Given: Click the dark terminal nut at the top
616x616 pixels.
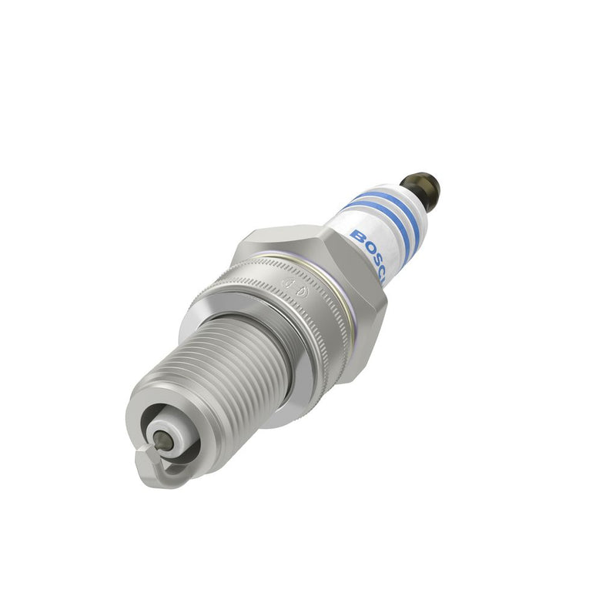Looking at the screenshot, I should click(x=420, y=187).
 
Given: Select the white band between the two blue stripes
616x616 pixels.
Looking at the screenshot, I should click(x=377, y=208).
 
